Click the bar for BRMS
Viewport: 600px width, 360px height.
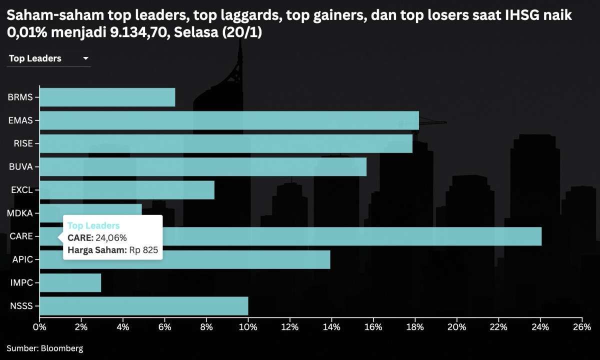107,97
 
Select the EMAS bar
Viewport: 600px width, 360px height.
229,120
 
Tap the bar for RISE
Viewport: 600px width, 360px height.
226,143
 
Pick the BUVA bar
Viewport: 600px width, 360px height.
202,167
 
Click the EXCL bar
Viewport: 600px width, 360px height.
126,190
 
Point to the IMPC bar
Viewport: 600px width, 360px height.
70,283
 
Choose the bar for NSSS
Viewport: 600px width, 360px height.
143,306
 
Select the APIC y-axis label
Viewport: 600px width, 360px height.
22,259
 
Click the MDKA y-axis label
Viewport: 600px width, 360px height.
20,213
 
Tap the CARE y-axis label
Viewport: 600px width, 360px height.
21,236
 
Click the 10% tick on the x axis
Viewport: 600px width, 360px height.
248,327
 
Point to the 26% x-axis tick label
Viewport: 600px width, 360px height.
581,327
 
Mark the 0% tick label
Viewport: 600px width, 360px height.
39,327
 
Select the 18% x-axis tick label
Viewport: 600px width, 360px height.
415,327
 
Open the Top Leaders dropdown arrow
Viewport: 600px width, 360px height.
86,58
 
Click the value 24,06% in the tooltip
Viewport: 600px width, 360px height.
111,237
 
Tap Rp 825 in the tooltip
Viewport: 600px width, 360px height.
143,250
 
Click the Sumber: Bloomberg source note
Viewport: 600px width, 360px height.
45,348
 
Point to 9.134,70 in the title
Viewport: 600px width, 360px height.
141,33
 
